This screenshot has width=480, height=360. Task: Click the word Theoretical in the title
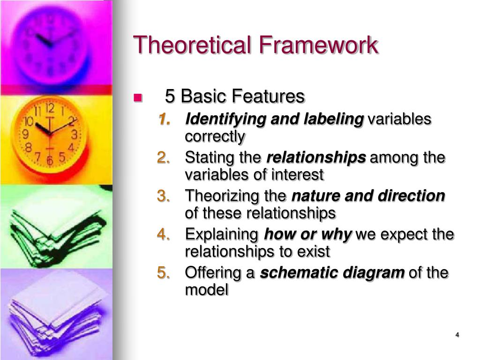point(192,45)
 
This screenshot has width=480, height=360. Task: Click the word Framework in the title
point(318,45)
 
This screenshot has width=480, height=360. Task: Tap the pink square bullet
point(138,97)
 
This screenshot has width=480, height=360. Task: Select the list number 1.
point(164,119)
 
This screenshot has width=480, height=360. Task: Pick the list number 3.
point(164,196)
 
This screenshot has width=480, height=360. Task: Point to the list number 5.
point(164,272)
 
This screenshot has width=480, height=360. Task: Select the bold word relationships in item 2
point(316,158)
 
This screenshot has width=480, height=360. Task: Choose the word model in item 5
point(207,290)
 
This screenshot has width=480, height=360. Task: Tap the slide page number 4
point(457,335)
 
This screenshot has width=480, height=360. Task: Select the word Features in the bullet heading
point(268,96)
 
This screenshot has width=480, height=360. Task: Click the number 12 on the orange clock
point(50,108)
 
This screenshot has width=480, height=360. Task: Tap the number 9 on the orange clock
point(26,134)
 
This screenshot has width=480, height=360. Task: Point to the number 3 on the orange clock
point(75,135)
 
